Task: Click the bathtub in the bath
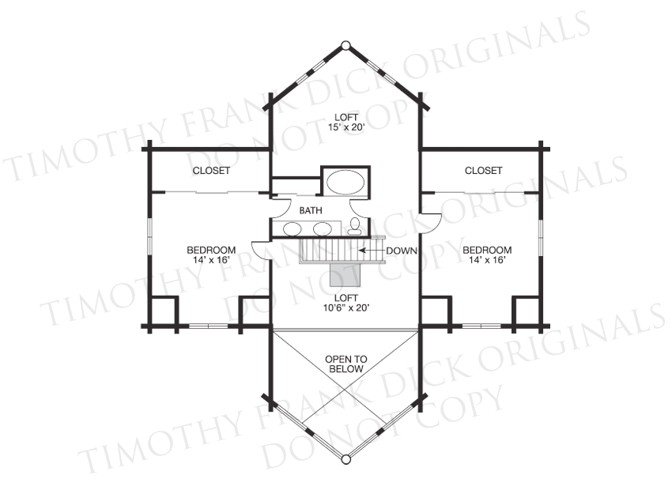(x=345, y=182)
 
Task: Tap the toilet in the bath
(x=354, y=226)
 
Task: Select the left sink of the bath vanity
(x=292, y=228)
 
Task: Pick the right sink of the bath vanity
(x=323, y=228)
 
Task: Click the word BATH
(x=311, y=210)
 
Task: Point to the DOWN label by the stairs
(x=402, y=251)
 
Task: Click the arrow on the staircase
(x=371, y=251)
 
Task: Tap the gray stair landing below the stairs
(x=345, y=274)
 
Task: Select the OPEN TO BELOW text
(x=345, y=364)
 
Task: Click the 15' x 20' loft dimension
(x=346, y=126)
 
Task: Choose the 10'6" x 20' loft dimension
(x=346, y=307)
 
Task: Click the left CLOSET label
(x=211, y=171)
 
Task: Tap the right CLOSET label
(x=483, y=171)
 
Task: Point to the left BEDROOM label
(x=211, y=250)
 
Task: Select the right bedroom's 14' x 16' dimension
(x=487, y=259)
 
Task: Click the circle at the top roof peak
(x=345, y=45)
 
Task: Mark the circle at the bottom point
(x=345, y=459)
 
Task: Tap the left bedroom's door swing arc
(x=256, y=247)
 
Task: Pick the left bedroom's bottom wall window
(x=208, y=326)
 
